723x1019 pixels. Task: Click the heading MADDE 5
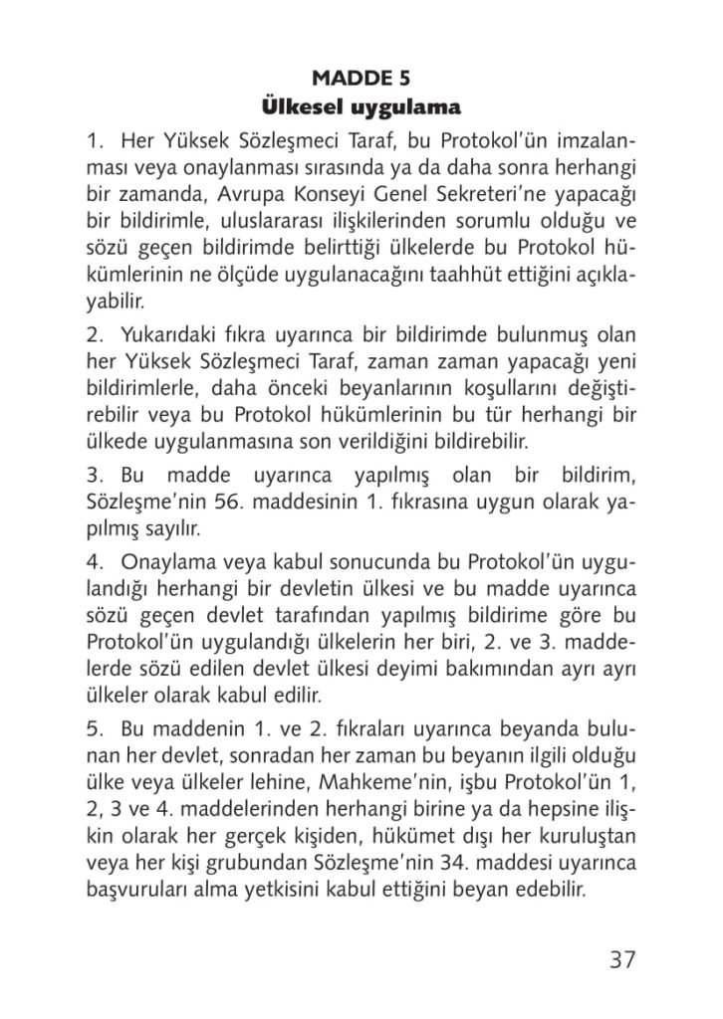(361, 78)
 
